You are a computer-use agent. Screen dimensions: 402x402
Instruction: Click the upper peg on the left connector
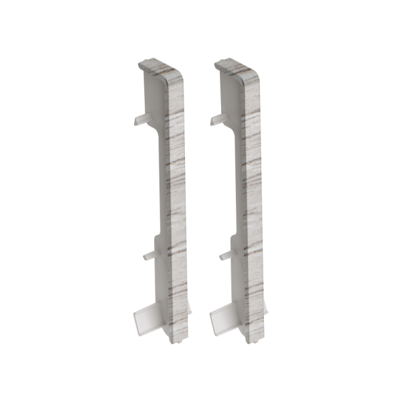pyautogui.click(x=139, y=121)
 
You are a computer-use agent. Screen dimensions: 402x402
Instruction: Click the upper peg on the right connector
pyautogui.click(x=218, y=121)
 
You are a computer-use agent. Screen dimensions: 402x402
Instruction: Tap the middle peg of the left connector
pyautogui.click(x=149, y=255)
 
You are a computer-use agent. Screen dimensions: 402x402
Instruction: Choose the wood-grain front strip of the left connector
pyautogui.click(x=176, y=201)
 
